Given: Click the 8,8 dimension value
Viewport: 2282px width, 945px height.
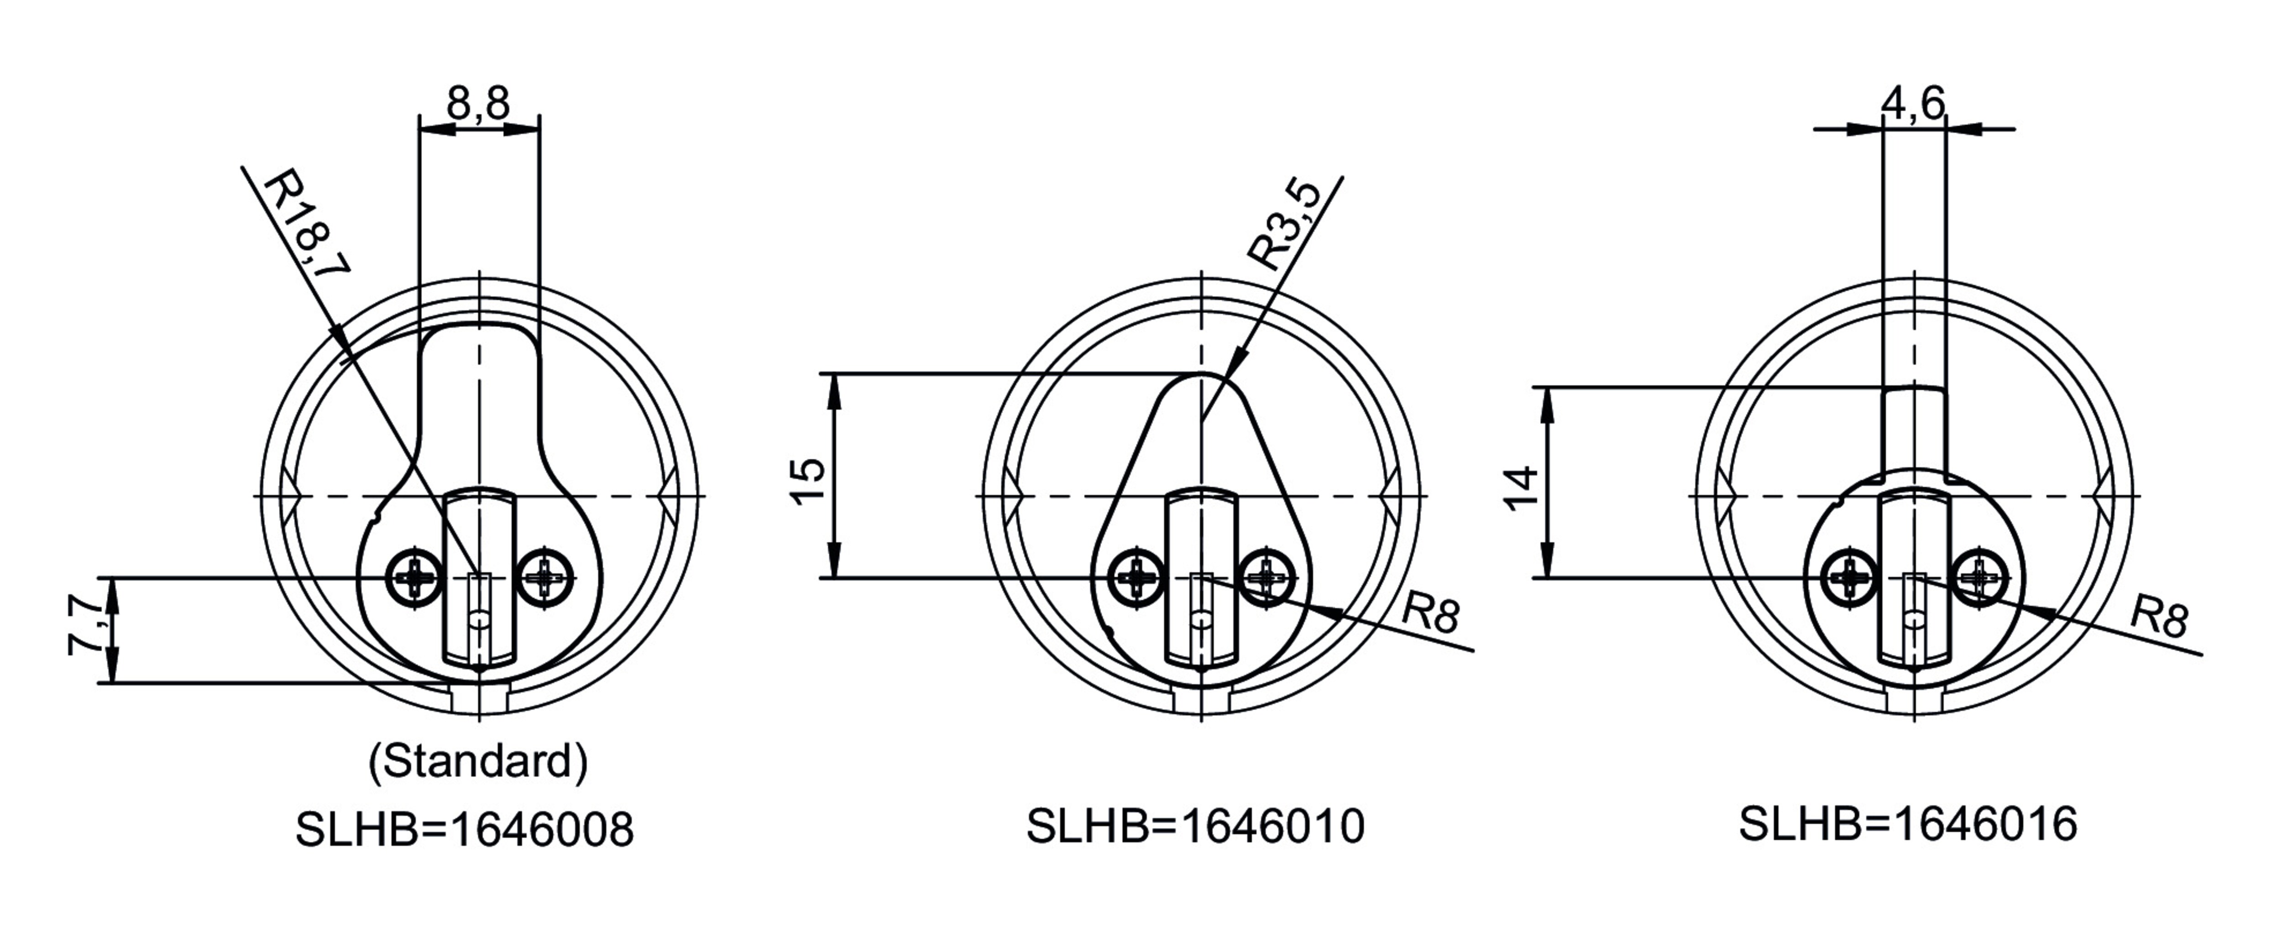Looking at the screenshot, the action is point(478,104).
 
